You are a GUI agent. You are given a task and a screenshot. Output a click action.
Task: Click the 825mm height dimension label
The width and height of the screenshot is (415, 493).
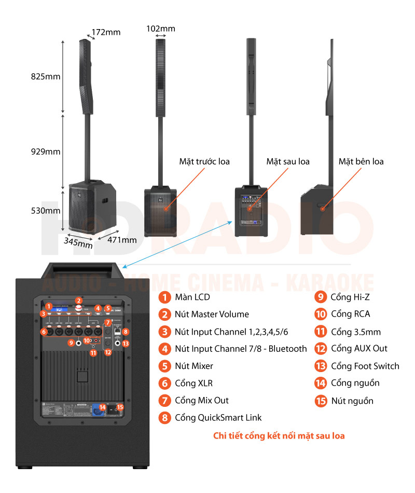[46, 77]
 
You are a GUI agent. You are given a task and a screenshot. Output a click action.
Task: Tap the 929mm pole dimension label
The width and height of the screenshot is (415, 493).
[46, 152]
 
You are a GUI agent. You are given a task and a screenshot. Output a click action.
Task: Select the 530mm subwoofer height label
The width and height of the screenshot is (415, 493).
[45, 210]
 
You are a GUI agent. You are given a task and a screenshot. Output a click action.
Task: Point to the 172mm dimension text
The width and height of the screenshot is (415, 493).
[106, 32]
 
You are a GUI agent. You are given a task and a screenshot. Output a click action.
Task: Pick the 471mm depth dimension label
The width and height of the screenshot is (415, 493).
[122, 239]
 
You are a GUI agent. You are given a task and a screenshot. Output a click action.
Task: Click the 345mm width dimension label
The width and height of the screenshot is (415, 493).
[78, 242]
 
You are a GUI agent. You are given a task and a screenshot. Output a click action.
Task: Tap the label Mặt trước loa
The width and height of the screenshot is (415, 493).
[204, 161]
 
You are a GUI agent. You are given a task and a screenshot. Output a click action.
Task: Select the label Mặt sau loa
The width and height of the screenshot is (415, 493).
[288, 161]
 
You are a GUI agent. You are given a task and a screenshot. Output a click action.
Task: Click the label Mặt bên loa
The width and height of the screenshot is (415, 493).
[361, 161]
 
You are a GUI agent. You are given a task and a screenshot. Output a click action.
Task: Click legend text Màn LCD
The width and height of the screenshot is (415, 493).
[192, 297]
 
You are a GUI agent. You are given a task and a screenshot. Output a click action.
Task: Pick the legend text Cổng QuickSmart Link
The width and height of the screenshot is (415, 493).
[218, 417]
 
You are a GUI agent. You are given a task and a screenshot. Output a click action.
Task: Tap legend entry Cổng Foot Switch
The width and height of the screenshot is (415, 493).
[365, 366]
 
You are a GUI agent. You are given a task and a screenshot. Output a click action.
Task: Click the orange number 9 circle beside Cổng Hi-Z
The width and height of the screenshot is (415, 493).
[321, 297]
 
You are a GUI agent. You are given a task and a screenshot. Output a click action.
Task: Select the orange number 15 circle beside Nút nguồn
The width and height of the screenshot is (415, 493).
[321, 401]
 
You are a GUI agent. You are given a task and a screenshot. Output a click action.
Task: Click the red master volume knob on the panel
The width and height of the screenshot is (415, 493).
[79, 308]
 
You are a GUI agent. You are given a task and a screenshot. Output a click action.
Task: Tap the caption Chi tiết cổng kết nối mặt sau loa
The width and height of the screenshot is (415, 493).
[279, 435]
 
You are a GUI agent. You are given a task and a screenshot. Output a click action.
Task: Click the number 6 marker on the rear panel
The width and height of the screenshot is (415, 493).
[44, 331]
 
